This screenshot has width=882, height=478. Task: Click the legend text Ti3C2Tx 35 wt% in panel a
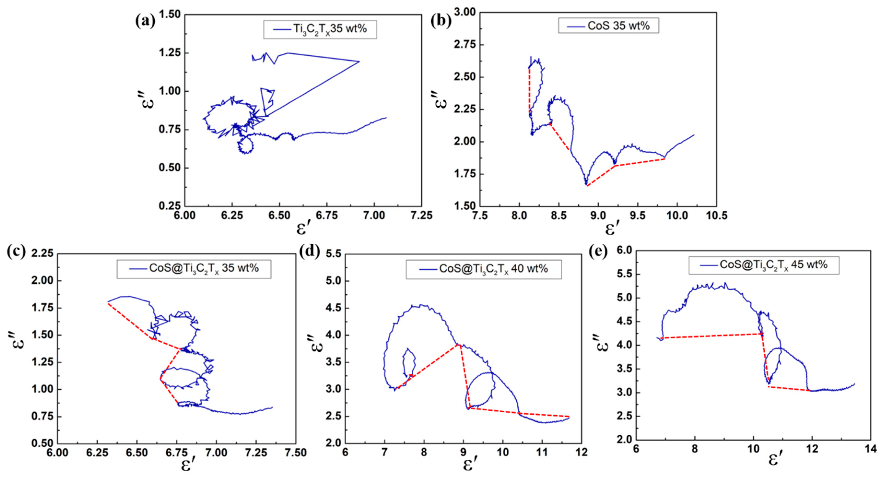[x=330, y=29]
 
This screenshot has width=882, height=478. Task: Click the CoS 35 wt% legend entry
[x=618, y=26]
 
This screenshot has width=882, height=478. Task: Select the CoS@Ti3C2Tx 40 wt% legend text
[x=493, y=269]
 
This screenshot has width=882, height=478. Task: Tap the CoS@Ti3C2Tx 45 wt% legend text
[x=773, y=265]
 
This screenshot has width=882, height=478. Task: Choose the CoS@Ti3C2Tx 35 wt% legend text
[x=204, y=268]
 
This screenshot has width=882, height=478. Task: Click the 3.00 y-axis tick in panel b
[x=465, y=12]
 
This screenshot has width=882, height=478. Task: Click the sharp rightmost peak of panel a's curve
[x=359, y=62]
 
